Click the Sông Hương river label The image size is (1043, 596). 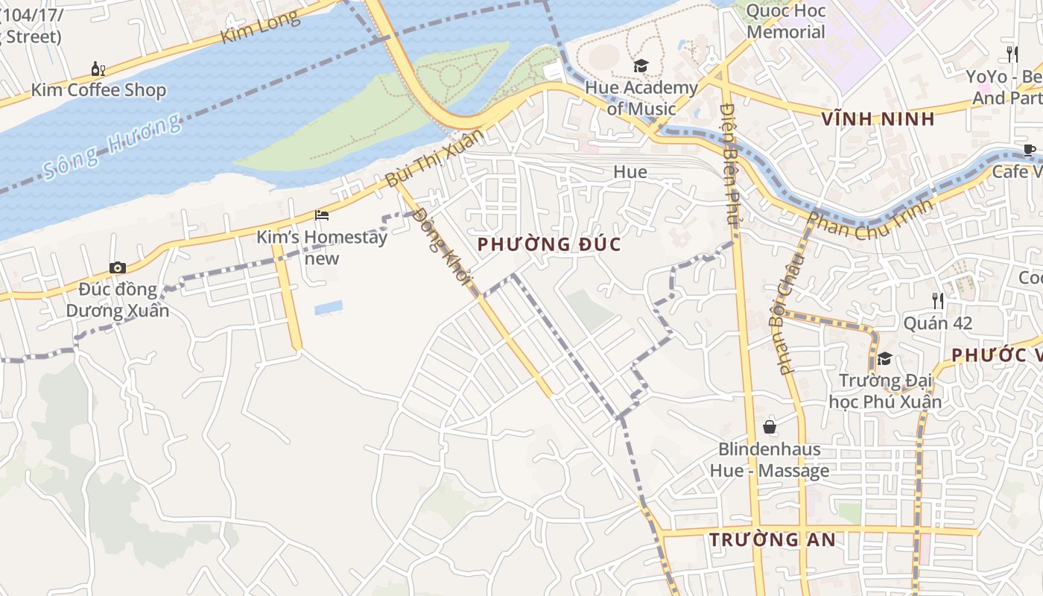112,146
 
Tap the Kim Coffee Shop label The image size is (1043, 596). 98,90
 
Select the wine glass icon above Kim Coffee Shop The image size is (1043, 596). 98,69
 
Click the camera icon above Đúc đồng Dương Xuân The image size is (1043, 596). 117,268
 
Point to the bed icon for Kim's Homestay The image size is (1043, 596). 322,215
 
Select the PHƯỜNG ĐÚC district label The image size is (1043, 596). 549,244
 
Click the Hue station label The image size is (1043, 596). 630,172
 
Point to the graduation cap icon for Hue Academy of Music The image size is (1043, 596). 641,66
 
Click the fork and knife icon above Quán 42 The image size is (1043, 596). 938,301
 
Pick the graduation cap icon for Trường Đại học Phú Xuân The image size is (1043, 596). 884,359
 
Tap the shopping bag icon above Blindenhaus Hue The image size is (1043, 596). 770,427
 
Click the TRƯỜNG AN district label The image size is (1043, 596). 773,539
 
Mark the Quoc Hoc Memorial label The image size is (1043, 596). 785,22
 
